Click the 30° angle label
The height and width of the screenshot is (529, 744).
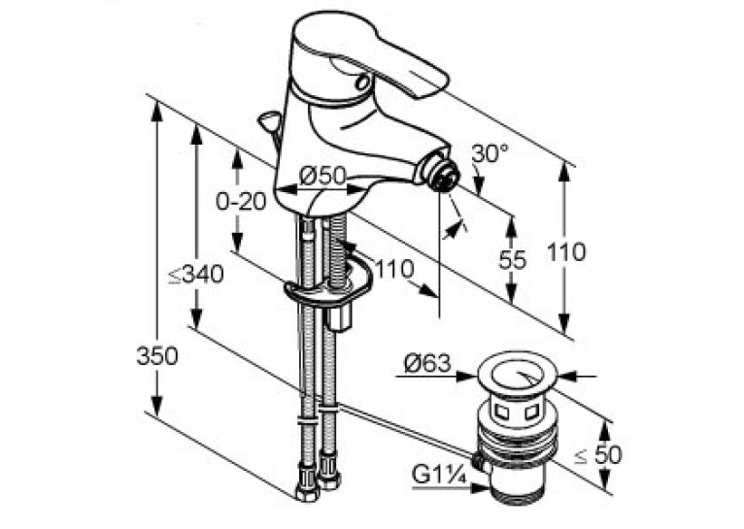click(x=490, y=154)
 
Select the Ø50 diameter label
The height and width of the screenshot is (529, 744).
click(x=323, y=176)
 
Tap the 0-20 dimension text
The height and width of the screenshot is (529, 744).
click(x=241, y=202)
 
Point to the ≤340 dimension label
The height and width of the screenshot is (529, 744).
click(x=196, y=274)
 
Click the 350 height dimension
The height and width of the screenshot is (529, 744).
click(x=157, y=355)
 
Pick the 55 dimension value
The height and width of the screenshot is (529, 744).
click(x=513, y=260)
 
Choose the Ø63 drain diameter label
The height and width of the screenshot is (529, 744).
click(x=426, y=364)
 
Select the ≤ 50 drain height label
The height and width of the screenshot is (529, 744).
click(x=598, y=455)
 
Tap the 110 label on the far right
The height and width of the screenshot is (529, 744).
click(x=566, y=251)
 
